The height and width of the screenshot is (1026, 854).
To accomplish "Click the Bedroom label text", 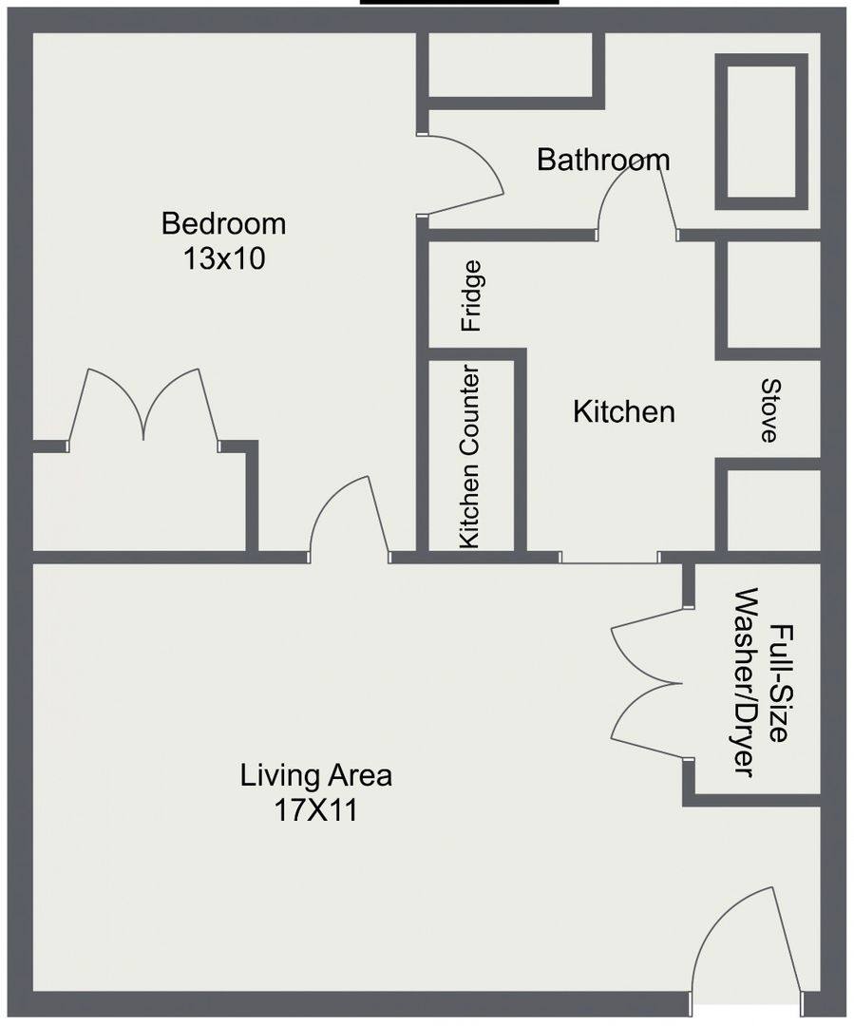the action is tap(224, 224).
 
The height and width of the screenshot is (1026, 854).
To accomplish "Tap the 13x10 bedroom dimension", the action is tap(224, 258).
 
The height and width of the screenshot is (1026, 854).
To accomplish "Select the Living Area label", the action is tap(316, 775).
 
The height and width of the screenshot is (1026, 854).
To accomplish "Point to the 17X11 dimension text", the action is tap(316, 810).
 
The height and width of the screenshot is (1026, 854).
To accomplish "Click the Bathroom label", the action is tap(603, 160).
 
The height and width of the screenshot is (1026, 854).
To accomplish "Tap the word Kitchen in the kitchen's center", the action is tap(624, 411).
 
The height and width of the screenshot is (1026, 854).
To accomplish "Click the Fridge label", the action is tap(471, 295).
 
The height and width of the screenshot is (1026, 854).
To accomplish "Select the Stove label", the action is tap(769, 411).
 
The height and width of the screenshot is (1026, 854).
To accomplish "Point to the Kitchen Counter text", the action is tap(470, 457).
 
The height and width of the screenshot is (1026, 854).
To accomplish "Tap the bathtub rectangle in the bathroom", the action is tap(761, 131).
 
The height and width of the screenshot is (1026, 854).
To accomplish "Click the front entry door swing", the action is tap(746, 943).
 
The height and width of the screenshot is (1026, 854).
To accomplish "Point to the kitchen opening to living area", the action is tap(610, 557).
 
